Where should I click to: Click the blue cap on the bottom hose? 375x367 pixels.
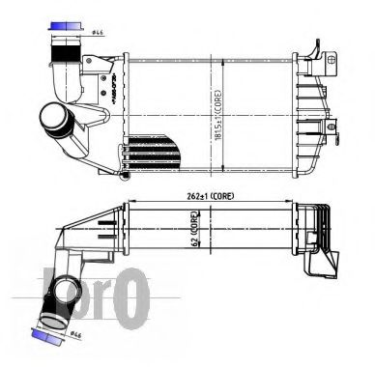pos(43,335)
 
